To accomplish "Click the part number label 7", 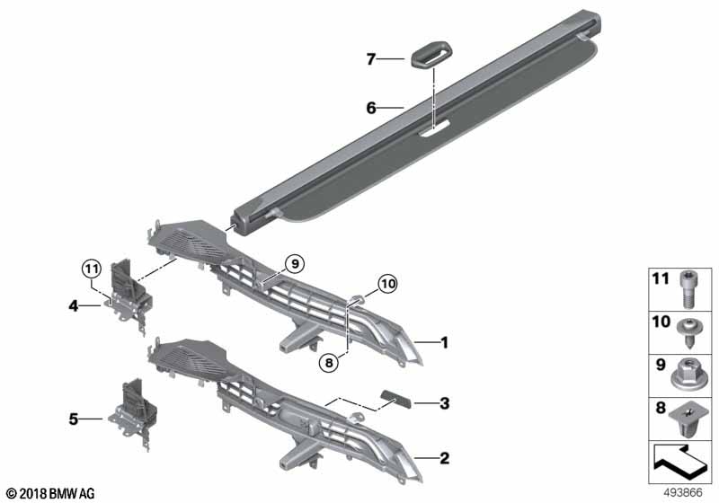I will click(x=370, y=59).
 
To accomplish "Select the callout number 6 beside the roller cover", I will click(x=370, y=109).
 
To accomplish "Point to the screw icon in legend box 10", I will click(x=688, y=331).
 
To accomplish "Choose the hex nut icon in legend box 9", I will click(x=688, y=371).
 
